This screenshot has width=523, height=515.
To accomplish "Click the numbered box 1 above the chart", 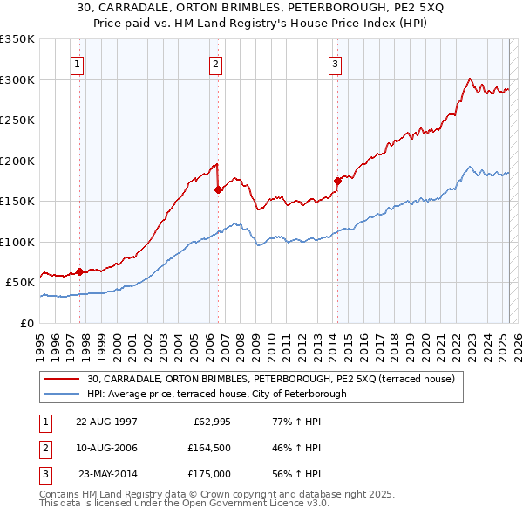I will (x=78, y=63).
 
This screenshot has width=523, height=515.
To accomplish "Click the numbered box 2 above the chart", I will (x=215, y=63).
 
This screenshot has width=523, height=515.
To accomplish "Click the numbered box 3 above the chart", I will (x=335, y=63).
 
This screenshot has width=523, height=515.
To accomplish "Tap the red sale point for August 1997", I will (x=79, y=271).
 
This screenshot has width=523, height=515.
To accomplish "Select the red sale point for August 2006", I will (x=218, y=189).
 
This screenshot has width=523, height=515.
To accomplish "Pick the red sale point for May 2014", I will (x=337, y=181).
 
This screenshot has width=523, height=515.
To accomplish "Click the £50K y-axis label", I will (x=21, y=283).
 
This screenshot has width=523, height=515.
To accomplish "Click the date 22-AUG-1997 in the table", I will (x=106, y=422).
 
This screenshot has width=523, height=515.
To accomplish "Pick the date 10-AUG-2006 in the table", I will (x=106, y=448).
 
